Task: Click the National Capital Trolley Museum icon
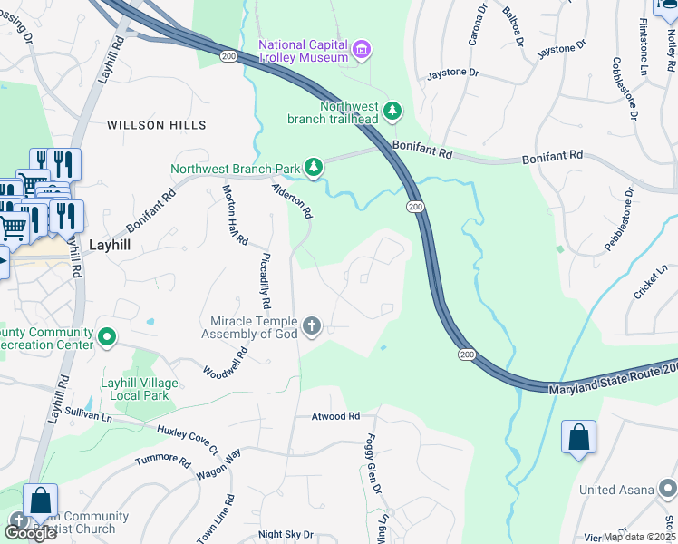point(362,49)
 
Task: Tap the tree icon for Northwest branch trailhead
point(392,111)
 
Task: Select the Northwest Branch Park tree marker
point(314,167)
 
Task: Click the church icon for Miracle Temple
point(312,326)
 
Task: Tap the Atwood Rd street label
point(335,416)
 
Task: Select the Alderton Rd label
point(293,200)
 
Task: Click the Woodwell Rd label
point(225,364)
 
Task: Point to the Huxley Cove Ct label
point(188,440)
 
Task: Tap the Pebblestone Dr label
point(620,221)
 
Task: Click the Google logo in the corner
point(29,532)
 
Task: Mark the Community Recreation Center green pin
point(107,338)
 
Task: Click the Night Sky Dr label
point(285,535)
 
